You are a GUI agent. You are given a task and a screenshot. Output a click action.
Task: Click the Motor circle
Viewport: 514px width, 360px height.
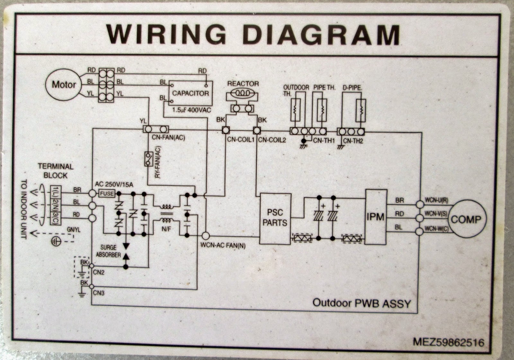point(64,85)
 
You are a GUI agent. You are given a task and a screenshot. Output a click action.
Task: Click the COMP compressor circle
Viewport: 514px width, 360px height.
point(466,220)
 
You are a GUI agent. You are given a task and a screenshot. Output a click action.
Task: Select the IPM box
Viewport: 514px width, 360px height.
point(376,217)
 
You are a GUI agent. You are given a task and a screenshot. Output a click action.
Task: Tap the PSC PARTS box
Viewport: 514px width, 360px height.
point(275,218)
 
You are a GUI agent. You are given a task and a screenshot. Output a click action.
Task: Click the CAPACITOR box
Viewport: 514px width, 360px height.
point(191,93)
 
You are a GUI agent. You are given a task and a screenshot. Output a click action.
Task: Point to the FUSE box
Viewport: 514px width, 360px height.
point(107,194)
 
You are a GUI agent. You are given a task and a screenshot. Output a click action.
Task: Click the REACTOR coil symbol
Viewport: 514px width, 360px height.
point(243,93)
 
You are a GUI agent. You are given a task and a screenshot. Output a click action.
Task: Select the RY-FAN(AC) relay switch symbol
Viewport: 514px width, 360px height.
point(148,159)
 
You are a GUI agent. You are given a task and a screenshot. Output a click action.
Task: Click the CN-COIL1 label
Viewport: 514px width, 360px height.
point(241,140)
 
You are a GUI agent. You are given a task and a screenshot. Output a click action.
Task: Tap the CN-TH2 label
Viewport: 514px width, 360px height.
point(353,141)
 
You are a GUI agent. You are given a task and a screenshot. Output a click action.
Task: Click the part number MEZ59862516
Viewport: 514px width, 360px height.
point(448,342)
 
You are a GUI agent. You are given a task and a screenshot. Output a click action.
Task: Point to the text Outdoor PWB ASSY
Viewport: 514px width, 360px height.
point(362,303)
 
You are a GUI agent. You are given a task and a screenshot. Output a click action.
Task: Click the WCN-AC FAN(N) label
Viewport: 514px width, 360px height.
point(223,246)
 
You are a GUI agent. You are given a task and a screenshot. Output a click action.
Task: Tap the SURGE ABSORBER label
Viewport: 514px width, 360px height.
point(108,251)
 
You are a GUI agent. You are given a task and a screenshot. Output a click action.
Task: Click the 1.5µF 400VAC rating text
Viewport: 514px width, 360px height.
point(191,110)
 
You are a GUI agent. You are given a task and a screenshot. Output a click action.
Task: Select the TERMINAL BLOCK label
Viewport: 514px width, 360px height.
point(56,171)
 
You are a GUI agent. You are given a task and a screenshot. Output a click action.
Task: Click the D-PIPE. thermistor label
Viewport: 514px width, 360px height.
point(352,87)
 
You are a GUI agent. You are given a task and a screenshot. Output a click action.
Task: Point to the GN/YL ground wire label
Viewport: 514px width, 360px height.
point(74,230)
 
